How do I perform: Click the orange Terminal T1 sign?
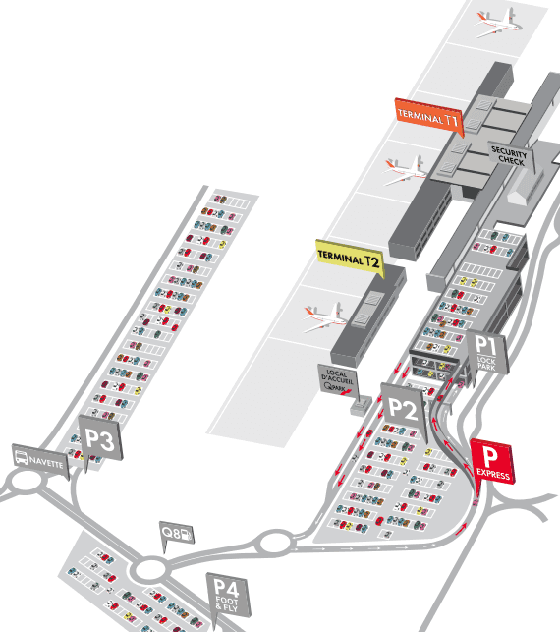(x=428, y=116)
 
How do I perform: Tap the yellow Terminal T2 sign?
(x=349, y=258)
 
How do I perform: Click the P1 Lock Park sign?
(x=488, y=353)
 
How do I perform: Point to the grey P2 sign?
(x=404, y=406)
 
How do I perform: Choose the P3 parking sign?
(x=99, y=438)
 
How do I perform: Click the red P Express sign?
(x=491, y=461)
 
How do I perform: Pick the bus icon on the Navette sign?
(x=23, y=457)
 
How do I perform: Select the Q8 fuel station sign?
(x=176, y=533)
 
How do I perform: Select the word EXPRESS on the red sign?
(x=493, y=475)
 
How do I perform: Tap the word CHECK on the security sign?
(x=511, y=159)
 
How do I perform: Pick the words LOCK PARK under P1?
(x=488, y=363)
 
